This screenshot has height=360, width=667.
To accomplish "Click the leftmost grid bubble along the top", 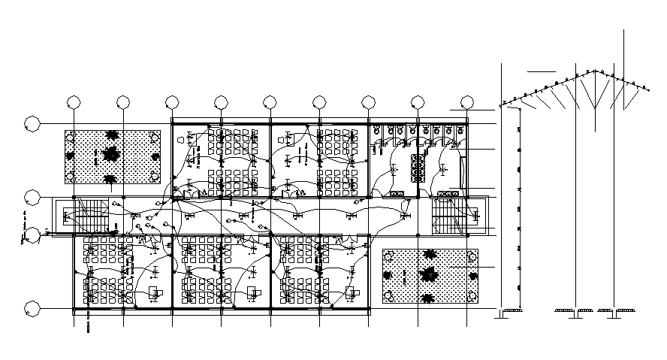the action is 74,102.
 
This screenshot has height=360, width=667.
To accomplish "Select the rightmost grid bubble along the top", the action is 467,102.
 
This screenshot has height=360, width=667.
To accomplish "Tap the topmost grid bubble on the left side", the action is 32,123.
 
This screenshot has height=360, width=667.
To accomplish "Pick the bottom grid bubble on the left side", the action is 32,308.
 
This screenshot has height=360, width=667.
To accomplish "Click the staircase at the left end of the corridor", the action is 89,216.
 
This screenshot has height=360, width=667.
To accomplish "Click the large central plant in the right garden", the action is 429,274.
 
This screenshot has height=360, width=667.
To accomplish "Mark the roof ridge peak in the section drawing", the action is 596,71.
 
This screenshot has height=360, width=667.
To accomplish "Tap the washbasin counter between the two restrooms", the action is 418,168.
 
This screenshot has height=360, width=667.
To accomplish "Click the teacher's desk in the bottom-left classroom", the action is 155,292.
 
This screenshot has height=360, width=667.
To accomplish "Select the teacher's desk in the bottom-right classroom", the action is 351,292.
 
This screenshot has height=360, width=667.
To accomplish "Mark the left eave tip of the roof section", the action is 499,105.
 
